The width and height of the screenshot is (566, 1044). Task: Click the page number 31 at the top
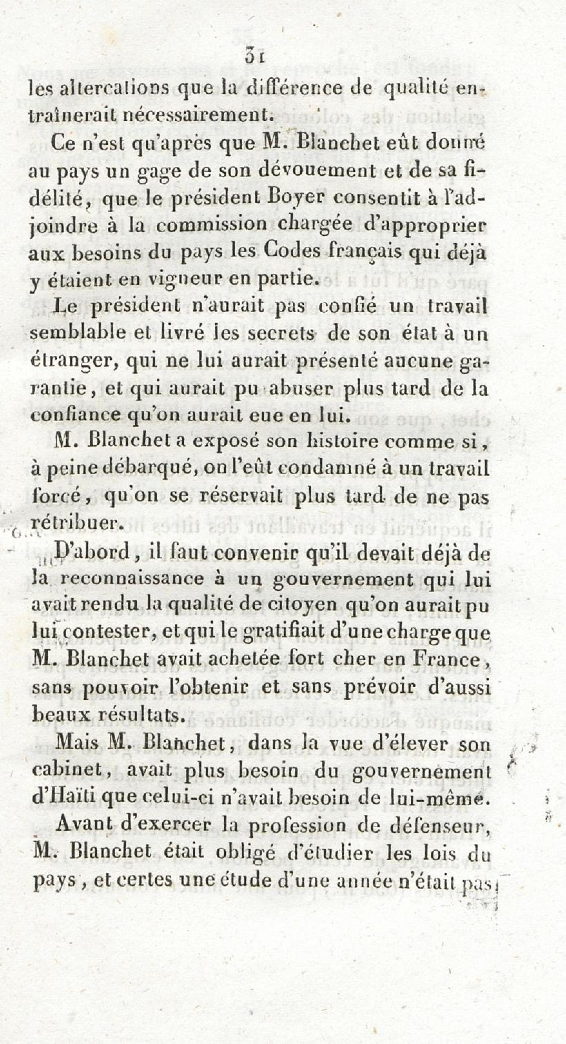coord(255,56)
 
